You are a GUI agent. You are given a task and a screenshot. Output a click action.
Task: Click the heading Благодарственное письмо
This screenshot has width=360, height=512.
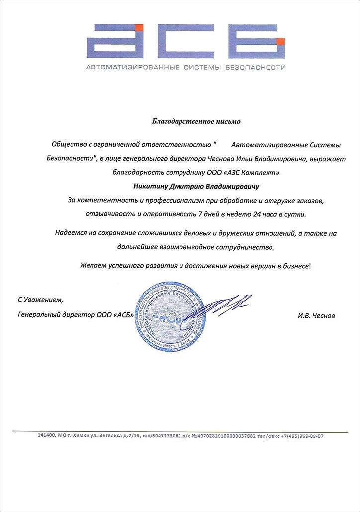195,121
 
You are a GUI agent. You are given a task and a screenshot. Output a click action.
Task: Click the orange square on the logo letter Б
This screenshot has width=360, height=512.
281,41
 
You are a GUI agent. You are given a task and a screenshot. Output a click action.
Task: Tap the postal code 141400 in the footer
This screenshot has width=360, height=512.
47,436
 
